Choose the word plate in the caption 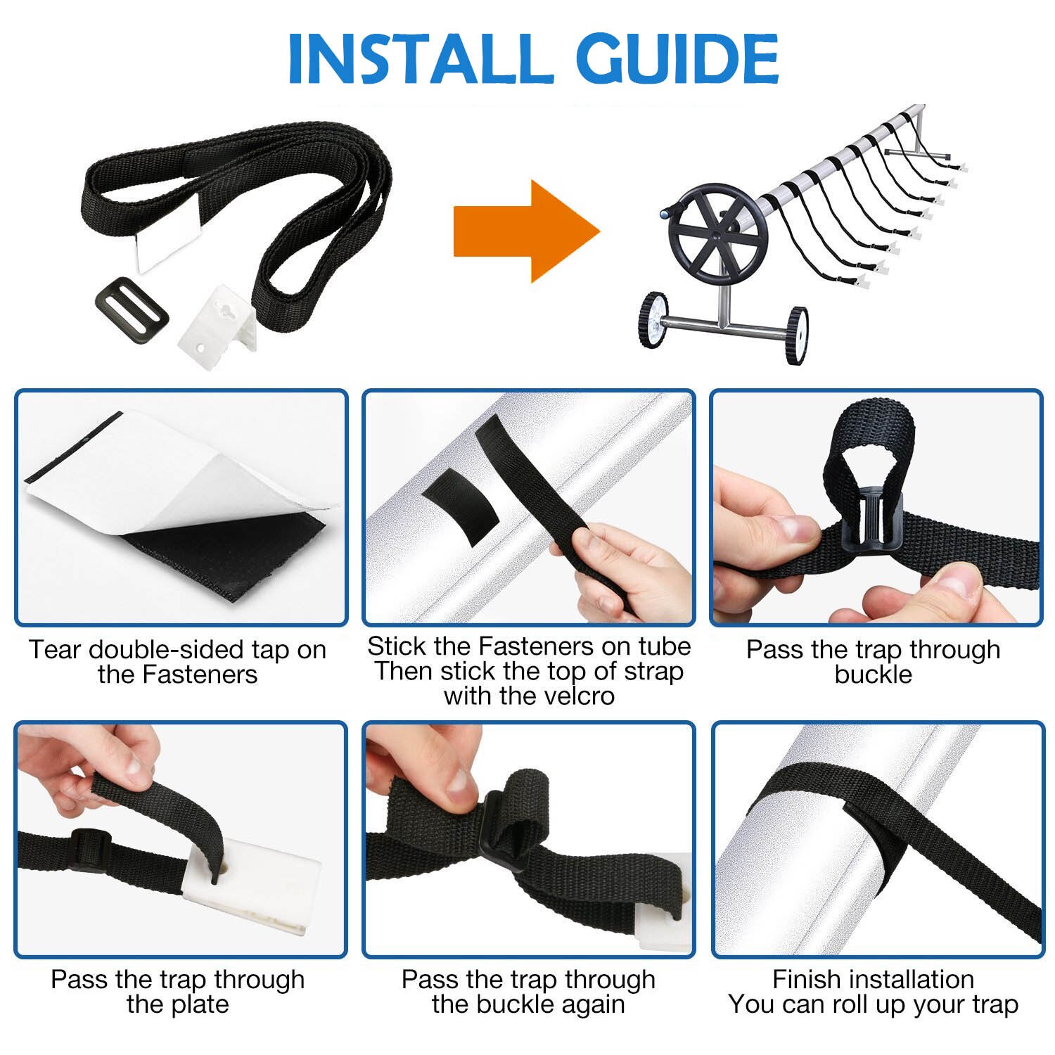tap(200, 1004)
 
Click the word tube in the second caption tap(664, 646)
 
